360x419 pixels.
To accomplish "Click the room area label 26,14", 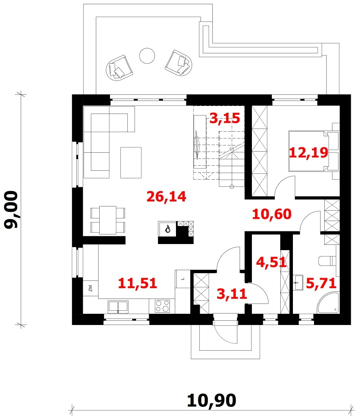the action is (x=166, y=196).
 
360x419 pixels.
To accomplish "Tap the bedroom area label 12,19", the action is (x=309, y=152).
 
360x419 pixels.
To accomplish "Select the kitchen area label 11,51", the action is (x=137, y=283).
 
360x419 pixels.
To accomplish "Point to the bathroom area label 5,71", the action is (x=321, y=283).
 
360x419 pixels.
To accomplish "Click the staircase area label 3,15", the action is (x=225, y=118).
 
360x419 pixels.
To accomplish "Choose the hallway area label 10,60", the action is (x=271, y=214).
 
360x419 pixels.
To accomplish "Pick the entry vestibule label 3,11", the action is (x=232, y=294).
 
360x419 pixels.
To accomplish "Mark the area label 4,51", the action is (x=271, y=262).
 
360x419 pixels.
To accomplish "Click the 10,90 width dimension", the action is (x=212, y=400).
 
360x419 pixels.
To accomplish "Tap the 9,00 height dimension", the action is (x=11, y=209).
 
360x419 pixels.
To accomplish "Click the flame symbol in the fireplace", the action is (x=168, y=229).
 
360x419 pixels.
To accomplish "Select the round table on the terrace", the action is (x=147, y=56).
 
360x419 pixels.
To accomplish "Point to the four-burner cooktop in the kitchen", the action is (x=163, y=306).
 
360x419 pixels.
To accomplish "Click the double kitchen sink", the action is (x=118, y=307).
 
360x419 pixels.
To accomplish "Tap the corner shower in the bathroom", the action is (x=328, y=303).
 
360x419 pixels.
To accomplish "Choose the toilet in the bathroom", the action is (x=327, y=261).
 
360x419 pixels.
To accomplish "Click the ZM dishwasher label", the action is (x=90, y=288).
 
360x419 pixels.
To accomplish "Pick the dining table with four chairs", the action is (x=108, y=220).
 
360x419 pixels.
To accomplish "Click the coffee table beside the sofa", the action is (x=131, y=162).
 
